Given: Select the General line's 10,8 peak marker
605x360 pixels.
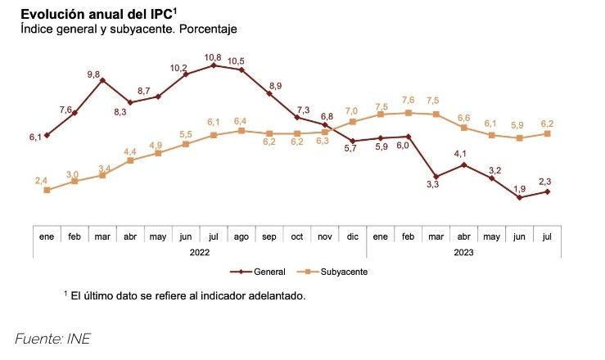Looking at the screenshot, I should [214, 65].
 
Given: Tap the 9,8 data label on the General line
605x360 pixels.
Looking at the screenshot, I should [93, 74].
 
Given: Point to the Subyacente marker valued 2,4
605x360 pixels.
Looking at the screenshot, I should [47, 190].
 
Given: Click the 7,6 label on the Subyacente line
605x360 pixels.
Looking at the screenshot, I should [408, 100].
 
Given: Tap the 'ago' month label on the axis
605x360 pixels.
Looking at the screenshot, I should [241, 236].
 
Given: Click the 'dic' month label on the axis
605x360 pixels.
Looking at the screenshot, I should [353, 236].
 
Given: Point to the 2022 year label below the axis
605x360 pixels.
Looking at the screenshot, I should [200, 252].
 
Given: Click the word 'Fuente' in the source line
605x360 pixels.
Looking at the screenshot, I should [37, 338].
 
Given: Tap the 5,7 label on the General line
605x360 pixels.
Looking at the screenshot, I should [351, 149].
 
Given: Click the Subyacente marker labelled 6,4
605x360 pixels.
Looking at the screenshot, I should [241, 130].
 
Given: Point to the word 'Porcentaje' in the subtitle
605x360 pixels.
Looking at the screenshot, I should [210, 29].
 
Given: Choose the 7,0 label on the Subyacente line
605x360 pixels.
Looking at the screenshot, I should [352, 110].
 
